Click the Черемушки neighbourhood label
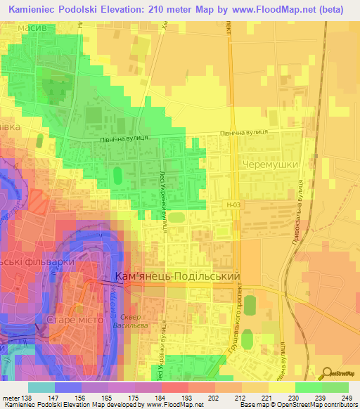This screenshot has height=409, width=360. [x=270, y=164]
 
